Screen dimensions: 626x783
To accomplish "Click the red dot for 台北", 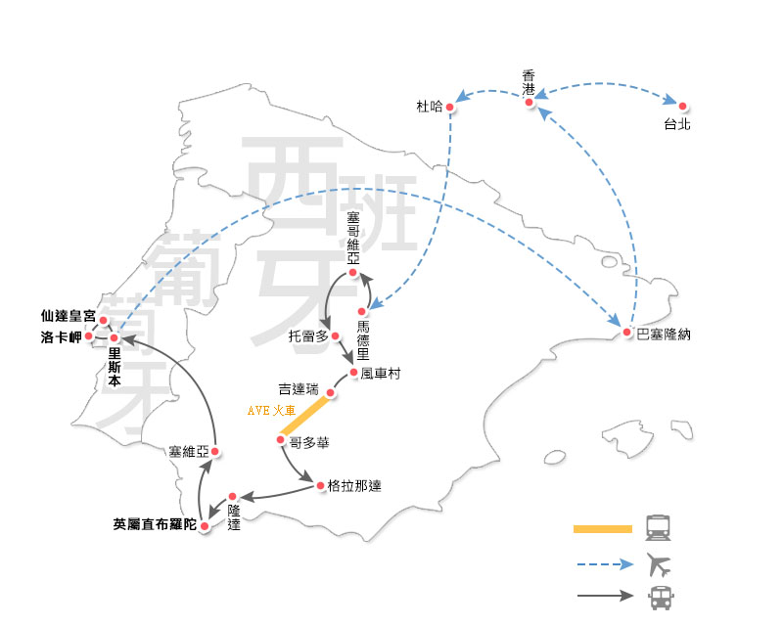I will tap(683, 106).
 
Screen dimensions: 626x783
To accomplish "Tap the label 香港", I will tap(530, 82).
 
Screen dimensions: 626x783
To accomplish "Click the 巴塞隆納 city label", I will tap(663, 335).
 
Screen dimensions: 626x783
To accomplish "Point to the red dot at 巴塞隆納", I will tap(627, 333).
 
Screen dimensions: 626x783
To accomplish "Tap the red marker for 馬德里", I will tap(361, 312).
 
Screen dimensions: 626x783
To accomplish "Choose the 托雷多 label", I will tap(307, 335).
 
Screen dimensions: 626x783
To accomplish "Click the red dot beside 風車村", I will tap(352, 373).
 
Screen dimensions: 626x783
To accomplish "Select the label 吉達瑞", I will tap(299, 389).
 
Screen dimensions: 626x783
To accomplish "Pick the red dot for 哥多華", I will tap(280, 441).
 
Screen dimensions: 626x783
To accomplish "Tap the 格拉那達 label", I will tap(354, 486).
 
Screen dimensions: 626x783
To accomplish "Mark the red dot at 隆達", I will tap(233, 497).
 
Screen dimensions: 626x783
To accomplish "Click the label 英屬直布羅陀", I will tap(155, 522).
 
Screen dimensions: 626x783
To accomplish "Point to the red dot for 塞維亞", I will tap(214, 452).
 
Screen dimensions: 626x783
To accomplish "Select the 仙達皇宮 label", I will tap(69, 317).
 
